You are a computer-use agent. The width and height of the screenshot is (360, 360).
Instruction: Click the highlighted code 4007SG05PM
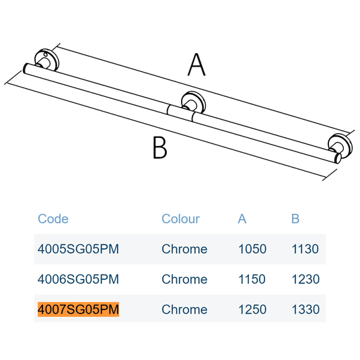coord(78,310)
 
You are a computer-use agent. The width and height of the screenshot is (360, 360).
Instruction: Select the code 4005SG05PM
coord(78,249)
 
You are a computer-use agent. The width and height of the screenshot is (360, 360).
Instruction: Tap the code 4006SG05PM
coord(78,279)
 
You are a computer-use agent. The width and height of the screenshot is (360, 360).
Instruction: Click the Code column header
coord(53,219)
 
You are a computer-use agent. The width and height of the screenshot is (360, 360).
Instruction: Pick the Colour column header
coord(181,219)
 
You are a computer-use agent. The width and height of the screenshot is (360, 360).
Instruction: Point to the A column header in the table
coord(242,219)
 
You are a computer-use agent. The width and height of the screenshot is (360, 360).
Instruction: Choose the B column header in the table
coord(295,219)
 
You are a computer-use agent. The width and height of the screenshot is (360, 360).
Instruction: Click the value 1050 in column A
coord(252,249)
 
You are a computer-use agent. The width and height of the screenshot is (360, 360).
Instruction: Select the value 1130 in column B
coord(305,249)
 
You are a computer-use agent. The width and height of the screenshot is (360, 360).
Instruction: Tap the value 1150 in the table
coord(252,279)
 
